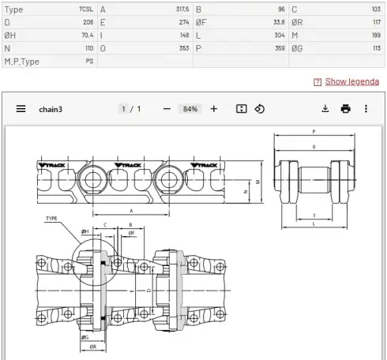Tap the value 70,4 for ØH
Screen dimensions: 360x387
click(x=86, y=36)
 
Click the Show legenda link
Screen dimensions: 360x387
click(x=351, y=81)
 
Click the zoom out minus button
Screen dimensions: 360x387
click(x=167, y=109)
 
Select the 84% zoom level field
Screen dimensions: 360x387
click(x=190, y=109)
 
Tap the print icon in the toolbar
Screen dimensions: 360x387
click(x=345, y=109)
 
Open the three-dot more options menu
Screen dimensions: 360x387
click(x=366, y=109)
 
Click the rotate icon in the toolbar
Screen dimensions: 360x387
click(x=260, y=109)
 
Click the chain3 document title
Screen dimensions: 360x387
click(x=51, y=109)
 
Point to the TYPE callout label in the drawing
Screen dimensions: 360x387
click(x=52, y=219)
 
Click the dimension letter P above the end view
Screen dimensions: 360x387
click(x=314, y=132)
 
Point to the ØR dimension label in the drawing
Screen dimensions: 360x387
click(x=94, y=347)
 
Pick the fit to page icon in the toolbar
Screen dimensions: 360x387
click(x=241, y=109)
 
